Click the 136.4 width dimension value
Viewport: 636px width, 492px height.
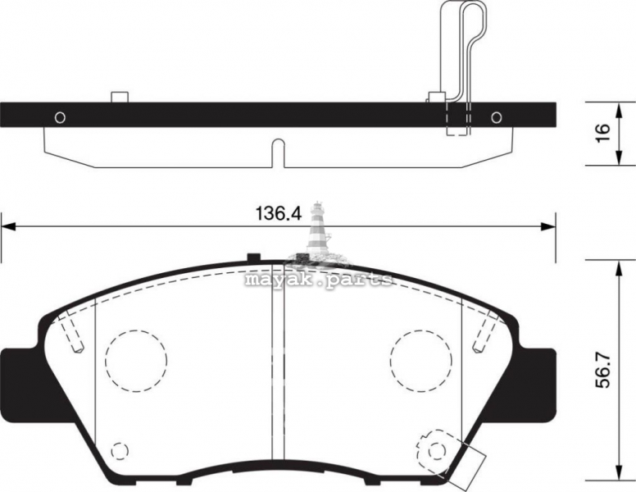point(279,213)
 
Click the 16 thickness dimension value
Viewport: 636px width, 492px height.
point(603,132)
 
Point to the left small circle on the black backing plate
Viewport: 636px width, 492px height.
point(60,117)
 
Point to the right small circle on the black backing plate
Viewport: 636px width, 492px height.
point(497,117)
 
